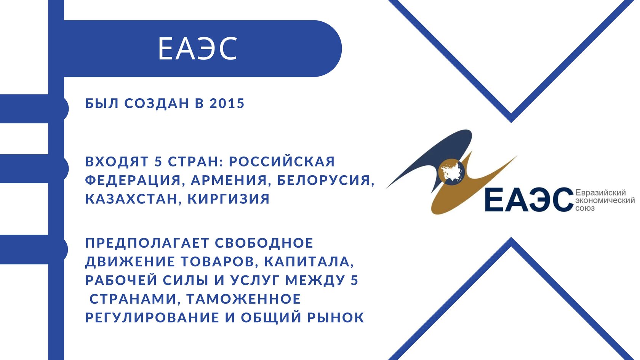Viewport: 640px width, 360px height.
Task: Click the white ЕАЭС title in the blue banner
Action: point(197,49)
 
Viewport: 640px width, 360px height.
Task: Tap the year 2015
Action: point(227,103)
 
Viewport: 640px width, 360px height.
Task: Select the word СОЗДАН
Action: point(157,103)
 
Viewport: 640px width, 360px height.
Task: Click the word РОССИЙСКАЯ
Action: point(282,161)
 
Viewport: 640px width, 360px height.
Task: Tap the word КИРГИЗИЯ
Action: point(229,199)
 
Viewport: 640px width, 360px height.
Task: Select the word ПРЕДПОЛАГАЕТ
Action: point(147,243)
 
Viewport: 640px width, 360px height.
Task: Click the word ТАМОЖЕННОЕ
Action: point(243,299)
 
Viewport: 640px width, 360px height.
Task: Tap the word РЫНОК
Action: point(336,317)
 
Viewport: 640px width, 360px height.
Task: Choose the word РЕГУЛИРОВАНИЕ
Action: point(152,317)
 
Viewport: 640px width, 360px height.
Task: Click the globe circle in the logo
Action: point(451,172)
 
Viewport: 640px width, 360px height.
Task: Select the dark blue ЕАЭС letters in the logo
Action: point(530,200)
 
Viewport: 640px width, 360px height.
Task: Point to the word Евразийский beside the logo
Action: point(600,193)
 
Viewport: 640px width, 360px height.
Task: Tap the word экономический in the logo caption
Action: point(605,200)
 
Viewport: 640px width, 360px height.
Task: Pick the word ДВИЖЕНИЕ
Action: point(130,262)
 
